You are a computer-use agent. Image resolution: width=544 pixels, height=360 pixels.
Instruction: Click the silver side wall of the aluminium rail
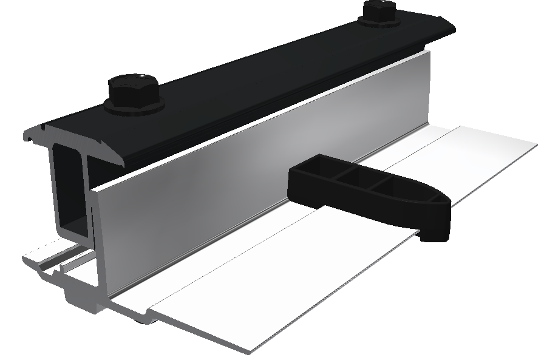(243, 194)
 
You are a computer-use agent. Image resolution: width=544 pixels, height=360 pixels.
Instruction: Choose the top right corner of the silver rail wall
(428, 55)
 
